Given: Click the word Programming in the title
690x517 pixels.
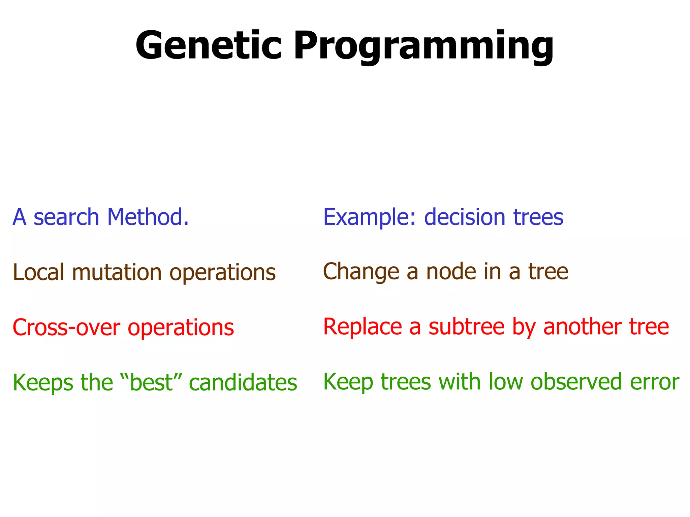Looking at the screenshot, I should click(423, 47).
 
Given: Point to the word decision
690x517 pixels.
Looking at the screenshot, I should click(465, 217).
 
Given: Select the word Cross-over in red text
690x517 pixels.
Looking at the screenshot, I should click(66, 328).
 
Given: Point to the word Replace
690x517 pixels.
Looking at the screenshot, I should click(363, 327).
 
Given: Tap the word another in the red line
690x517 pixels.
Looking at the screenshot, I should click(583, 327).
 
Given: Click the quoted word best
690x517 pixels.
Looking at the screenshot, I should click(151, 383).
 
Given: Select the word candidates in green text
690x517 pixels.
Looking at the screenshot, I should click(243, 383).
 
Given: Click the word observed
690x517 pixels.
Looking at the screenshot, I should click(576, 382).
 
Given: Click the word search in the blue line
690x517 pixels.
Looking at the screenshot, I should click(66, 217).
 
